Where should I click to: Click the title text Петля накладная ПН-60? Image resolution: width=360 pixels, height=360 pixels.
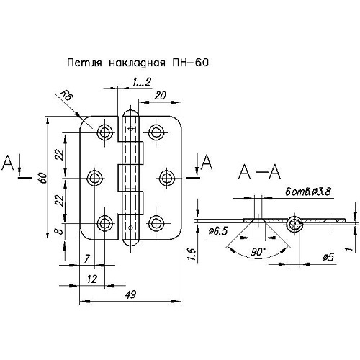138,63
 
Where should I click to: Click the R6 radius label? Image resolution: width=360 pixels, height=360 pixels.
66,95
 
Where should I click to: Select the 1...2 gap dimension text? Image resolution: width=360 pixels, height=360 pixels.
142,82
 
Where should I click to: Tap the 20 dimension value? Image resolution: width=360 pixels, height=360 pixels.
160,96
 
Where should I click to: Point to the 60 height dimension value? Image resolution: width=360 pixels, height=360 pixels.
43,178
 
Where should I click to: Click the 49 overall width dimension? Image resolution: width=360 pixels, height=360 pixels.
131,294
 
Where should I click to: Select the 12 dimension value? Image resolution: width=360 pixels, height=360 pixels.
92,279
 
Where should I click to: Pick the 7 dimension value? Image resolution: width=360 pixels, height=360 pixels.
87,258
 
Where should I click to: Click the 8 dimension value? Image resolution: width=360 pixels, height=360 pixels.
60,231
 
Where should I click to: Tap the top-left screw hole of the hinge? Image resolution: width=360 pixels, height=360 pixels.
105,132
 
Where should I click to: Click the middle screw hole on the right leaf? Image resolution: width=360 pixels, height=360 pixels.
166,178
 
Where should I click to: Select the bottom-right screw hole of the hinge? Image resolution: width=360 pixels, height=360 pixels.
156,223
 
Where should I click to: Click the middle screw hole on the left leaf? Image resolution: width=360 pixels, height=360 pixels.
94,178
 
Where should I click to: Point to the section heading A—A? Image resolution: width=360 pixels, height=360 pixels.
259,172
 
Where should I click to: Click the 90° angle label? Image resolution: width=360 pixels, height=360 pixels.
257,252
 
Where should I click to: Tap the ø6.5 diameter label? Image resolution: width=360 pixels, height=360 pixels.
218,231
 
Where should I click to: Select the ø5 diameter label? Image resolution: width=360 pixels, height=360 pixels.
328,258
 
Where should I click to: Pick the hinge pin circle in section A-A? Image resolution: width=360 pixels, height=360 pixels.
294,225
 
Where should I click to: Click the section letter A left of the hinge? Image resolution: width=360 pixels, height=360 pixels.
8,163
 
